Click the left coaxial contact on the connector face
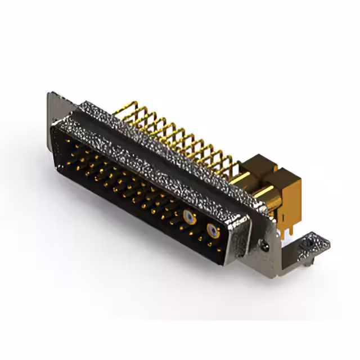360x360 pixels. click(188, 216)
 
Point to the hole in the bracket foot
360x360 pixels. click(308, 245)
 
